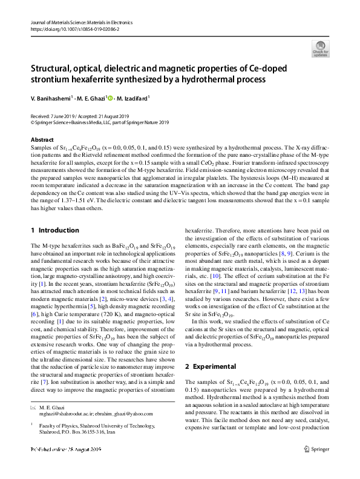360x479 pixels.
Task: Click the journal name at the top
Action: pos(80,22)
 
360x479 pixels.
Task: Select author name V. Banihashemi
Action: pos(54,97)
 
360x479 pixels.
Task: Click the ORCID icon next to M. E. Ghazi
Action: pos(111,97)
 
